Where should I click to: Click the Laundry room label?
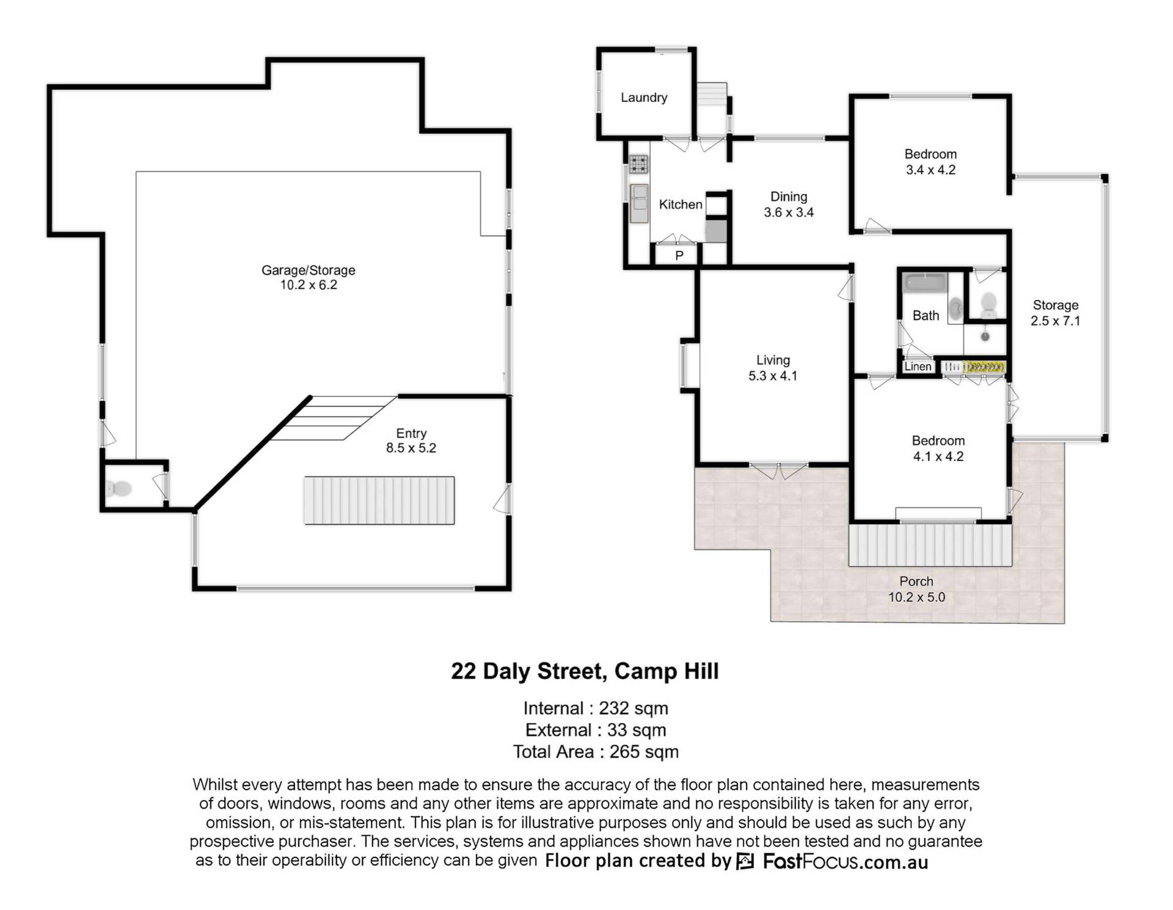644,98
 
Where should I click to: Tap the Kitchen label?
681,205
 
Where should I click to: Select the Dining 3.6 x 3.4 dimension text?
789,213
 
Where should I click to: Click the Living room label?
773,360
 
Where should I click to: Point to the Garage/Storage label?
309,270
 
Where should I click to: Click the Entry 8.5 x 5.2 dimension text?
411,448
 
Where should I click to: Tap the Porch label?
916,581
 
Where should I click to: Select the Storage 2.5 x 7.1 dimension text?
1056,321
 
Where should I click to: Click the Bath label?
926,316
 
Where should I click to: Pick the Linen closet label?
918,366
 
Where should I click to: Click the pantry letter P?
679,256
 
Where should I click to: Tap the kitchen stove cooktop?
639,163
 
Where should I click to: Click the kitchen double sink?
639,203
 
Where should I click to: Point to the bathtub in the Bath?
925,282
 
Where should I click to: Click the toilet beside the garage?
119,489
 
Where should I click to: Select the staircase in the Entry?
379,500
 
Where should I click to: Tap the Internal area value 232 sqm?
634,708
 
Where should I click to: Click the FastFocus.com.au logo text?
846,862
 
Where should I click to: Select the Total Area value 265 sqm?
644,752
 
